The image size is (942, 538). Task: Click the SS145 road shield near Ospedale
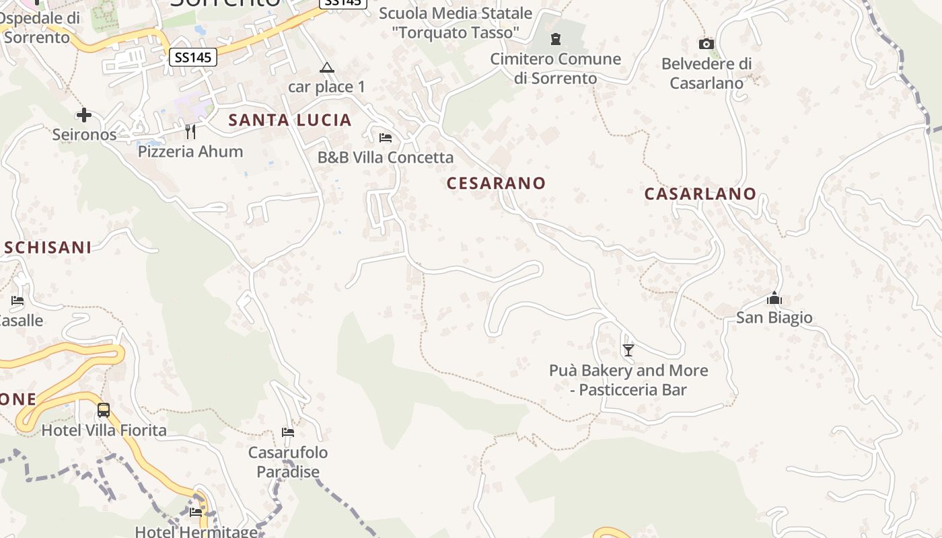(x=193, y=57)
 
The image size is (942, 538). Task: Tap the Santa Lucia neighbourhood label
(x=290, y=120)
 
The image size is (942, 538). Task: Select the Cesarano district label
(x=496, y=183)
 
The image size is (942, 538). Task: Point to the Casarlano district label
(x=700, y=194)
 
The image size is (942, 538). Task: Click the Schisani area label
(x=48, y=247)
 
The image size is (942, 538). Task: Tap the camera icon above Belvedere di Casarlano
(x=706, y=44)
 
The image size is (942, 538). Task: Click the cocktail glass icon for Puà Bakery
(x=628, y=350)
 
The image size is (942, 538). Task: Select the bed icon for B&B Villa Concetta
(x=386, y=138)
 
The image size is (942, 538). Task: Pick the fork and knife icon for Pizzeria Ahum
(x=190, y=131)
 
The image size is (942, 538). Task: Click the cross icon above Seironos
(x=84, y=115)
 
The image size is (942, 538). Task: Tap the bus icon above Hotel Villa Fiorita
(x=104, y=410)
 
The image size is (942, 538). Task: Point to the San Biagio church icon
(x=774, y=297)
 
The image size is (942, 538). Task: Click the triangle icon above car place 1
(x=327, y=67)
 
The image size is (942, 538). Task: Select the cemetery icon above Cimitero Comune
(x=556, y=39)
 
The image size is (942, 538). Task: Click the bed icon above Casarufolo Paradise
(x=288, y=432)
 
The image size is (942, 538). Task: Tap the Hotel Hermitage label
(x=196, y=531)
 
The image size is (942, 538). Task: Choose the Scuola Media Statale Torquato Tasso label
(x=456, y=22)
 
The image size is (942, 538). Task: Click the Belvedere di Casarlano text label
(x=706, y=73)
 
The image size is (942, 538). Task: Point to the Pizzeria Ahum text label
(x=190, y=151)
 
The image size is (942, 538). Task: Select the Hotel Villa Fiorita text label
(x=104, y=430)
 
